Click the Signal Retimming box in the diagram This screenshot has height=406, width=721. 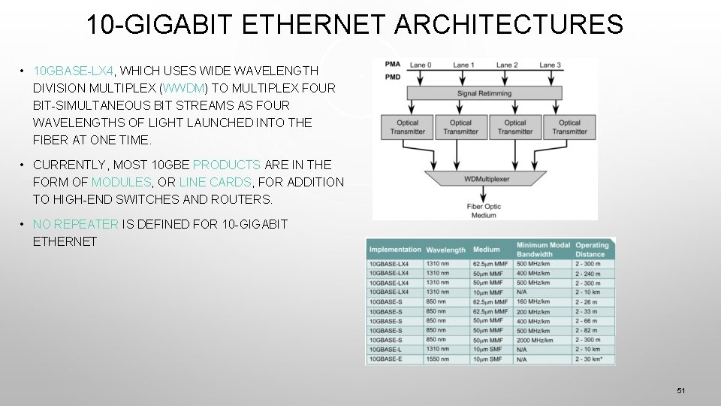coord(484,94)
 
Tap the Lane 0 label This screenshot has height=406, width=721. coord(420,65)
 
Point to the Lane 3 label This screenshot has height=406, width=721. coord(550,65)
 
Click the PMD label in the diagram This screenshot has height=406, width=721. coord(393,76)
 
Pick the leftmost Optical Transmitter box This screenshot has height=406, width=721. coord(408,127)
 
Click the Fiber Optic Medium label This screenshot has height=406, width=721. coord(484,211)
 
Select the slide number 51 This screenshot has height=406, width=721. coord(681,390)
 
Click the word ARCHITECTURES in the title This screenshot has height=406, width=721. coord(508,25)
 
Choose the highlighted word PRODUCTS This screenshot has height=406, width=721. coord(227,165)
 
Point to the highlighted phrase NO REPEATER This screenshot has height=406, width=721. coord(75,224)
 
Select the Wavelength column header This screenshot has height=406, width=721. coord(445,250)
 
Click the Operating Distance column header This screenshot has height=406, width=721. coord(592,250)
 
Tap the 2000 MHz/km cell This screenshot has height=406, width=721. coord(535,340)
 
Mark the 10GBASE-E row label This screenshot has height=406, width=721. coord(386,359)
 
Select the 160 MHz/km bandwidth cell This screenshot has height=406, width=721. coord(532,302)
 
